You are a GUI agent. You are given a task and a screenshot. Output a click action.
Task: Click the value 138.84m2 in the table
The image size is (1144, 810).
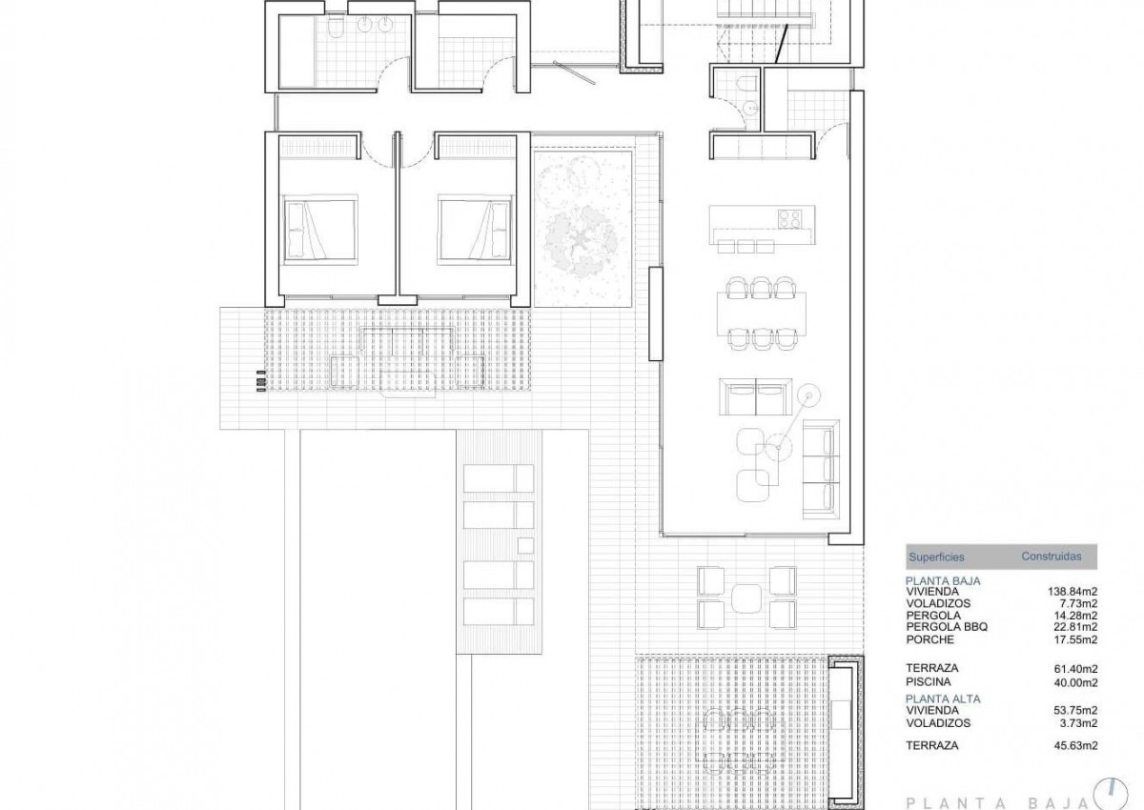coord(1072,592)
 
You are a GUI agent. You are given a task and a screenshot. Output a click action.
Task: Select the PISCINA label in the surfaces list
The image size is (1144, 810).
coord(929,682)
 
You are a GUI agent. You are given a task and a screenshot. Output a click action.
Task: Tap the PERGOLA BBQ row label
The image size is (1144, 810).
coord(947,627)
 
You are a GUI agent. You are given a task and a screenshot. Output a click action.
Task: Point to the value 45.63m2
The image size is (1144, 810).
coord(1075,746)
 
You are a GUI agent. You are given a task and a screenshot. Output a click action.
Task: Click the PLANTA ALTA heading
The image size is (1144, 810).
coord(943,699)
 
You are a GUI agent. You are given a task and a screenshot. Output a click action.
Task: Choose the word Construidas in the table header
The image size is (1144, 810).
coord(1051,557)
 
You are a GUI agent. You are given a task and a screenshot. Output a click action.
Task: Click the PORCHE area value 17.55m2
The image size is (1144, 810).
coord(1075,639)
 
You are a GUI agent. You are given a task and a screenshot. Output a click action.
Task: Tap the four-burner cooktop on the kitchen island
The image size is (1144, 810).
coord(789,219)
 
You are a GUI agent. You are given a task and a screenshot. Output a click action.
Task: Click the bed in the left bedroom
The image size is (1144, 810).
coord(320,230)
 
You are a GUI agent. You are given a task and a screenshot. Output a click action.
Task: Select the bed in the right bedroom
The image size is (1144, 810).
coord(475,230)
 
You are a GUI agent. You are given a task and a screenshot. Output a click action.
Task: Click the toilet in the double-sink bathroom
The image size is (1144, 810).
coord(337,29)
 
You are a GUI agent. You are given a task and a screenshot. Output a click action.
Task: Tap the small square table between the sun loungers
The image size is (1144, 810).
coord(525,545)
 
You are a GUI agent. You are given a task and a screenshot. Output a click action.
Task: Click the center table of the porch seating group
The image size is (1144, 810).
coord(746,597)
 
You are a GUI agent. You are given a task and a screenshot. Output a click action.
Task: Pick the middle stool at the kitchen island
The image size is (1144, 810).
coord(746,247)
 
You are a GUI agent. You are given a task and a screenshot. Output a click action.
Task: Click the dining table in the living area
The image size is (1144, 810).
coord(762,314)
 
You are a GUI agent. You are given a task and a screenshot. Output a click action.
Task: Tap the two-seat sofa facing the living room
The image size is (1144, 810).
coord(756,396)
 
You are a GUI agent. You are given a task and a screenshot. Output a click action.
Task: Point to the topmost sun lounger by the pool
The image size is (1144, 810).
coord(499,478)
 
